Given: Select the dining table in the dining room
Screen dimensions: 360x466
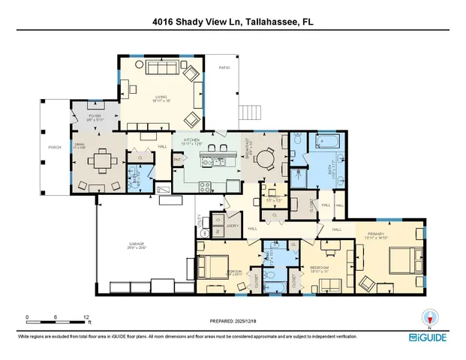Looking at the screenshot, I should pos(98,160).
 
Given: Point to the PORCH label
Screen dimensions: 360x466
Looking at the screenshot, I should pos(54,148).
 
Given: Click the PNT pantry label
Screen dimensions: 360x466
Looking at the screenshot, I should pos(178,159).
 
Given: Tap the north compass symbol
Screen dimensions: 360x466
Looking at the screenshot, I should pos(430,319).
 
